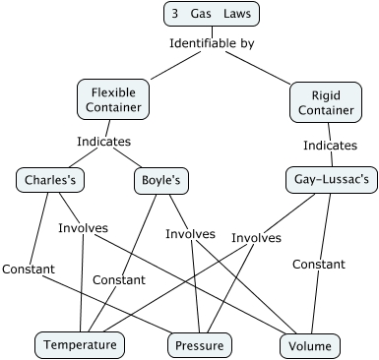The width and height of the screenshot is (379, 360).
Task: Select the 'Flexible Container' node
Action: click(111, 98)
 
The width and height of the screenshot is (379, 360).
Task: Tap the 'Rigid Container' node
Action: click(326, 102)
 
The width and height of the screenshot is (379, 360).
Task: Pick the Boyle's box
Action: click(160, 180)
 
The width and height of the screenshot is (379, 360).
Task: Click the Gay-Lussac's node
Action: click(331, 180)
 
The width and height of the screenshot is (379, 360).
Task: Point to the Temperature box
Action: click(81, 344)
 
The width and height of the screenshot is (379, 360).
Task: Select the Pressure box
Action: click(200, 345)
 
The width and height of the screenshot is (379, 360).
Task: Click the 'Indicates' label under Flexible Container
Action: click(103, 142)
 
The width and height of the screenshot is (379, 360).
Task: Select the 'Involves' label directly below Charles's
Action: click(83, 228)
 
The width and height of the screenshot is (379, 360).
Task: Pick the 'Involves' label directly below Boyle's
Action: click(190, 233)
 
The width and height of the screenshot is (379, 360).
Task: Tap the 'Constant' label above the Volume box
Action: click(318, 264)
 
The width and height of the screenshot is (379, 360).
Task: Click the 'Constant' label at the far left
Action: click(28, 269)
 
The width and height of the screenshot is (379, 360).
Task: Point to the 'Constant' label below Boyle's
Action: click(119, 280)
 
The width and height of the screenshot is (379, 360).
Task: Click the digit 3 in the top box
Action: click(174, 14)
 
